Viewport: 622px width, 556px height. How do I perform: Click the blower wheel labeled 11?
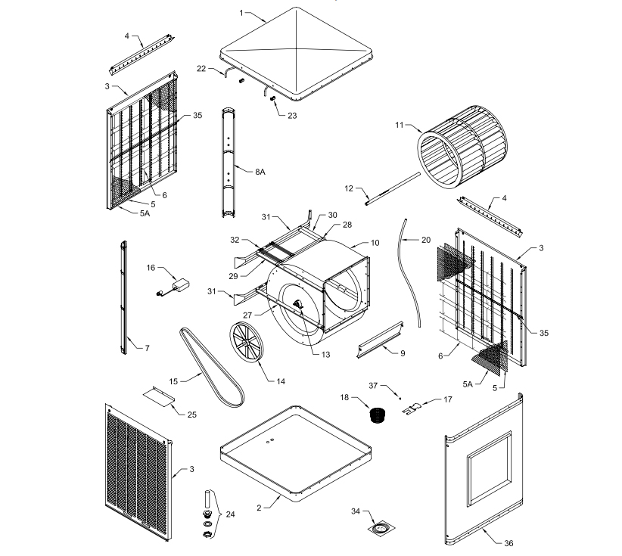point(462,147)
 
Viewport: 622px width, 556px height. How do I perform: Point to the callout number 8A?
point(260,172)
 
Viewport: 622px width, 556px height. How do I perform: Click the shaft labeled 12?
point(392,188)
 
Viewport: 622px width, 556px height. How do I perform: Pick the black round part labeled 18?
point(378,415)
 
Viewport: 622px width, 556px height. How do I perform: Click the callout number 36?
point(508,543)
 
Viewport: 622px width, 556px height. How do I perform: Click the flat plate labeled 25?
point(159,396)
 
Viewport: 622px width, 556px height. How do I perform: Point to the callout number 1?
point(241,13)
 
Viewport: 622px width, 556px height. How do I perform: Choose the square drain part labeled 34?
point(381,529)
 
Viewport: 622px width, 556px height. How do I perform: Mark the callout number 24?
point(230,514)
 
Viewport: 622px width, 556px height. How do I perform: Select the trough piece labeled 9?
point(380,340)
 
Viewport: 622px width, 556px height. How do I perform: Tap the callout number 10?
point(375,243)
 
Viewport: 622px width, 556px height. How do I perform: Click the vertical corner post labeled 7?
point(124,297)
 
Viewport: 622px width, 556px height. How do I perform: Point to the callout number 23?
point(292,116)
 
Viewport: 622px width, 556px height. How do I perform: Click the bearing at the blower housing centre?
point(298,306)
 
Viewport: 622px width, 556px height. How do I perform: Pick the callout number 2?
point(259,508)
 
